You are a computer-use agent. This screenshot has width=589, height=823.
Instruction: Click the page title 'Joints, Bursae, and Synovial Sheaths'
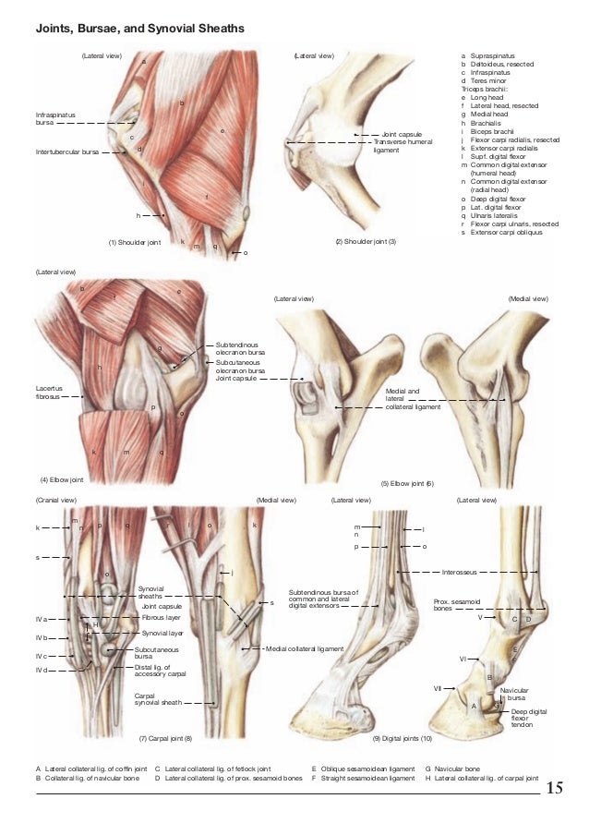coord(139,30)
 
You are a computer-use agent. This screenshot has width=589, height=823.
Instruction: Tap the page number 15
coord(555,787)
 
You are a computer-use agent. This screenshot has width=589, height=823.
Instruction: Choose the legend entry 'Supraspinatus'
coord(495,56)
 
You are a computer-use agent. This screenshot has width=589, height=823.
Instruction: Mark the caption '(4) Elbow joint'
coord(62,480)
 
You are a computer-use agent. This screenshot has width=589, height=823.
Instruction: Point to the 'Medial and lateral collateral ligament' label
coord(402,398)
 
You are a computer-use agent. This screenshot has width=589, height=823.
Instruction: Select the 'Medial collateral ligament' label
coord(305,648)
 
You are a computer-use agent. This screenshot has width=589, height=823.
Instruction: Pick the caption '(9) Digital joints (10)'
coord(402,739)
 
